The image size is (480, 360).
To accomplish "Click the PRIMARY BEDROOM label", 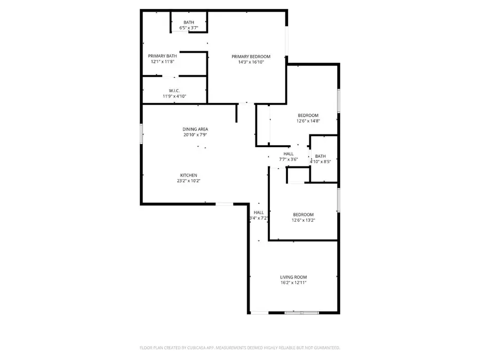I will (251, 57).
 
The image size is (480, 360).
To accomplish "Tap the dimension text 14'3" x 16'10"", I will (251, 62).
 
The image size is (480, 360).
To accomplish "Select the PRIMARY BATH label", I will (162, 56).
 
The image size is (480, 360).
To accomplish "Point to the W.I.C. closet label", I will (174, 91).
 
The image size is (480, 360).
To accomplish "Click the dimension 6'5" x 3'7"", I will (189, 27).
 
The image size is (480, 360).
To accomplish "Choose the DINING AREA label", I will (195, 129).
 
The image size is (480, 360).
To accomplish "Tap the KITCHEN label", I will (189, 175).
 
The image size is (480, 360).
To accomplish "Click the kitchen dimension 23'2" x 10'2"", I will (189, 181).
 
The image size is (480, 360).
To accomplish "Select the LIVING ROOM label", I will (293, 277).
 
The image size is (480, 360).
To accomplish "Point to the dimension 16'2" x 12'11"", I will (293, 283).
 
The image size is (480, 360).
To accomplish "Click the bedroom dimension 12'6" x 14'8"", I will (308, 121).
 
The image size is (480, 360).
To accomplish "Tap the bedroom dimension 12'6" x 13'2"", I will (302, 220).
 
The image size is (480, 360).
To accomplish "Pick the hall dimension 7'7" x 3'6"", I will (289, 159).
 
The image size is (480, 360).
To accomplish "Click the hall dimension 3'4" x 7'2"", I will (258, 218).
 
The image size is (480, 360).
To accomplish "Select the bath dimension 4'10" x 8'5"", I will (320, 162).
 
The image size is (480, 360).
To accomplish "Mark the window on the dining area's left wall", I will (141, 133).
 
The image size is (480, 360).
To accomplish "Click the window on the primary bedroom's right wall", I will (286, 42).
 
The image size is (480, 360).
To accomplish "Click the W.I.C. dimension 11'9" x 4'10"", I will (174, 97).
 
